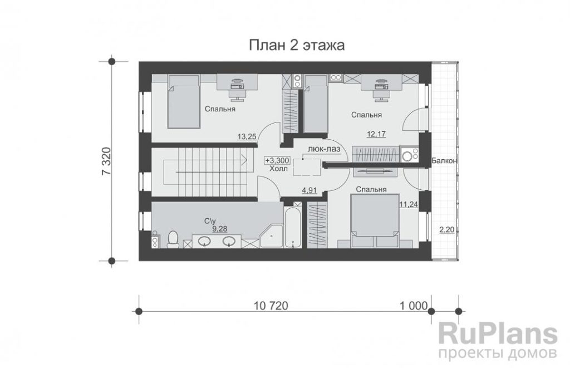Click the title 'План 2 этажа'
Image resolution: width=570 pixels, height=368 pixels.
coord(297,46)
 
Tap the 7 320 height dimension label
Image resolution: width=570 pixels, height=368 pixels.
coord(106,161)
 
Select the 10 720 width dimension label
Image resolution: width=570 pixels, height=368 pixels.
coord(271,306)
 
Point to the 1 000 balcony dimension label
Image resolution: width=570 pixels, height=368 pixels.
coord(414,306)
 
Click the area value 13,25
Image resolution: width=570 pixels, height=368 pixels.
coord(247,137)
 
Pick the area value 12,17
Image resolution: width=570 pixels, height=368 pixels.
coord(376,134)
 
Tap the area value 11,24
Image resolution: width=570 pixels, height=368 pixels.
coord(409,205)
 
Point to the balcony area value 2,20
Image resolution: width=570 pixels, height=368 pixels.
coord(447,230)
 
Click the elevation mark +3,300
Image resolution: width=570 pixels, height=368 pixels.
coord(277,160)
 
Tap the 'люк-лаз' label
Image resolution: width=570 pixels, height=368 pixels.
coord(324,149)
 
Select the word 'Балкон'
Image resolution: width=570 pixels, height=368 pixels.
coord(444,161)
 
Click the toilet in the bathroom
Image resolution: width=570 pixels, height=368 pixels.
coord(173,239)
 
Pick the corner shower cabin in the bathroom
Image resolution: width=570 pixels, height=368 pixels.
coord(272,236)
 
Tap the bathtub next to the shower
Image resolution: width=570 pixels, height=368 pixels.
coord(293,228)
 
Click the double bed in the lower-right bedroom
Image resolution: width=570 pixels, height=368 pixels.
coord(375,221)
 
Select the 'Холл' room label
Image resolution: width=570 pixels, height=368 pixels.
coord(279,169)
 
